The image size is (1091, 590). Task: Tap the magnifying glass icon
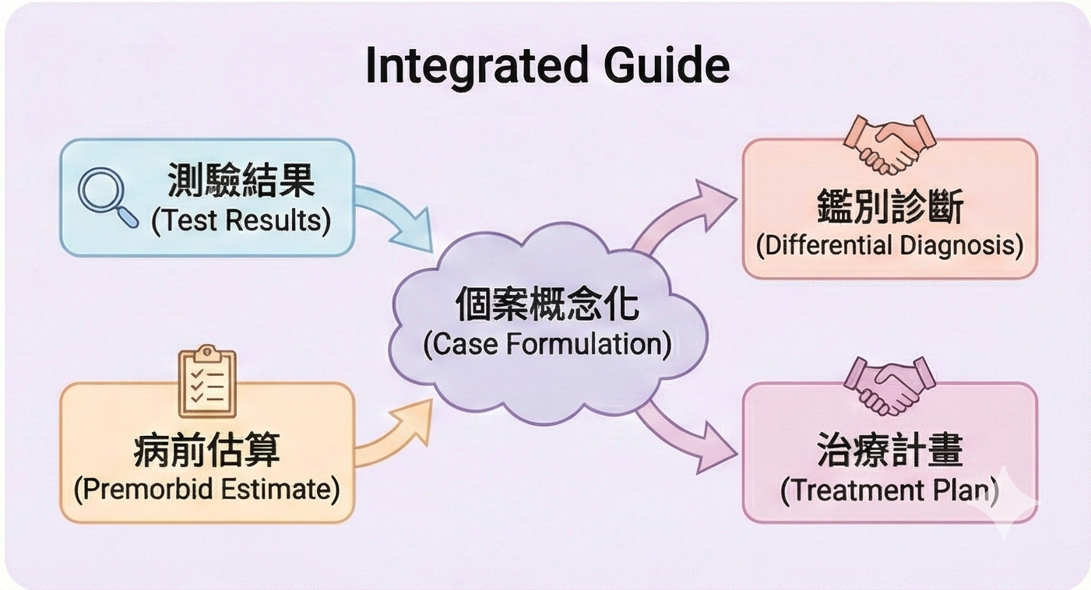107,198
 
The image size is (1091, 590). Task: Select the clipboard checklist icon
206,381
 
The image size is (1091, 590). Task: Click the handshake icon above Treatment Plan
889,385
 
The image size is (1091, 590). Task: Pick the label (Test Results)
241,221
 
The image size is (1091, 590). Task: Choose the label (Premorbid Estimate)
206,490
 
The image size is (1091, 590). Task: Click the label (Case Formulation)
547,343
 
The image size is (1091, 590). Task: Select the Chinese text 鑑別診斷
889,208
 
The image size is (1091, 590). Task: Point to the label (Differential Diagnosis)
889,245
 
